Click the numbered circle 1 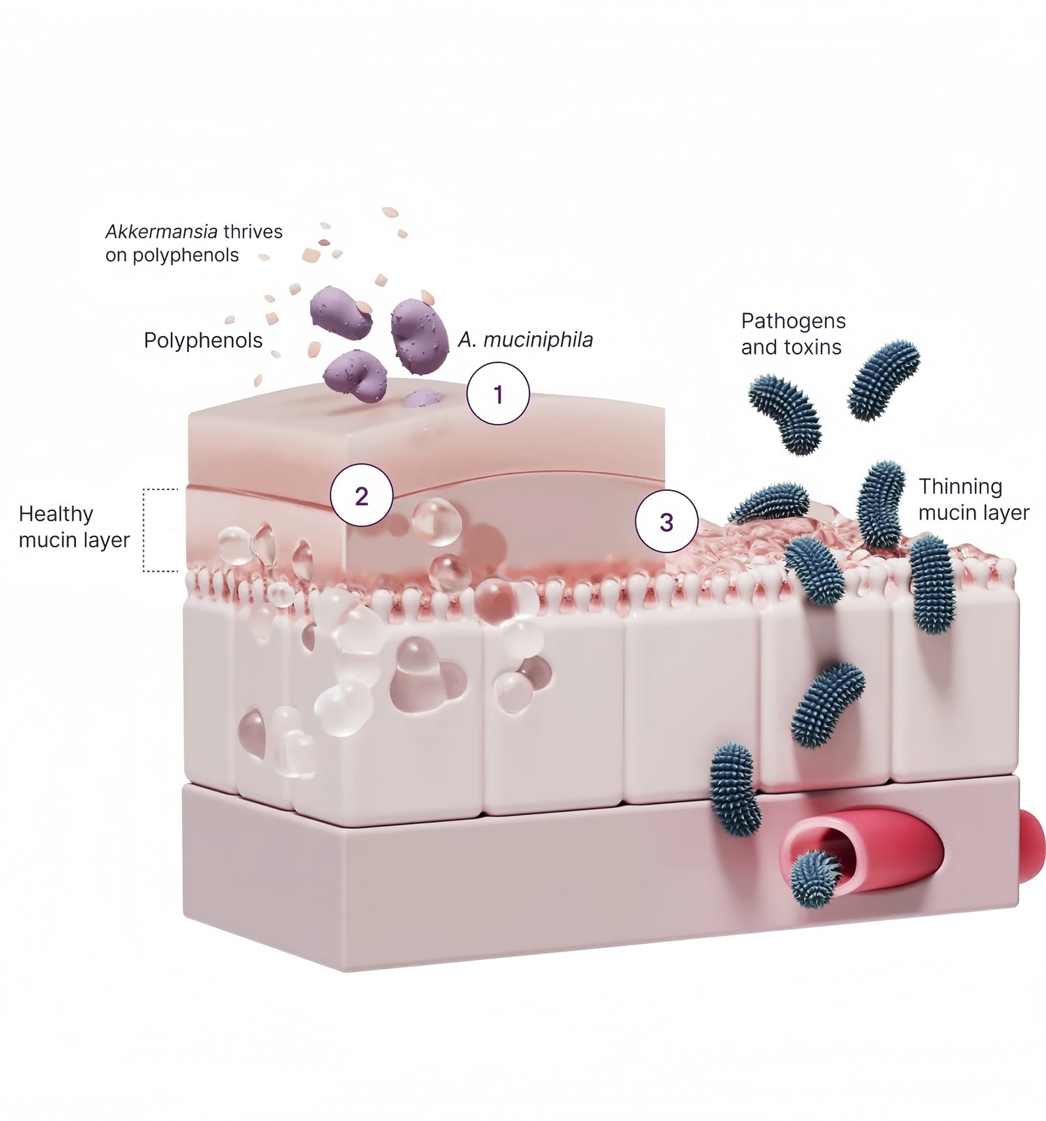[x=498, y=394]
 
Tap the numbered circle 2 [x=361, y=496]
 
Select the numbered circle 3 [x=667, y=521]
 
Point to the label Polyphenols [x=203, y=340]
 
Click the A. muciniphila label [x=525, y=340]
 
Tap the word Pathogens [x=793, y=321]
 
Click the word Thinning [x=960, y=486]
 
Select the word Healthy [x=56, y=514]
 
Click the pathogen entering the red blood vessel [x=815, y=878]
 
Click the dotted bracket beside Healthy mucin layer [x=145, y=530]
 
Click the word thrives [x=252, y=231]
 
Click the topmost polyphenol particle [x=390, y=212]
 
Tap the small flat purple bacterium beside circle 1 [x=423, y=399]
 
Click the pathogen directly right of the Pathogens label [x=884, y=380]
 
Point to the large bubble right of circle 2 [x=437, y=521]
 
